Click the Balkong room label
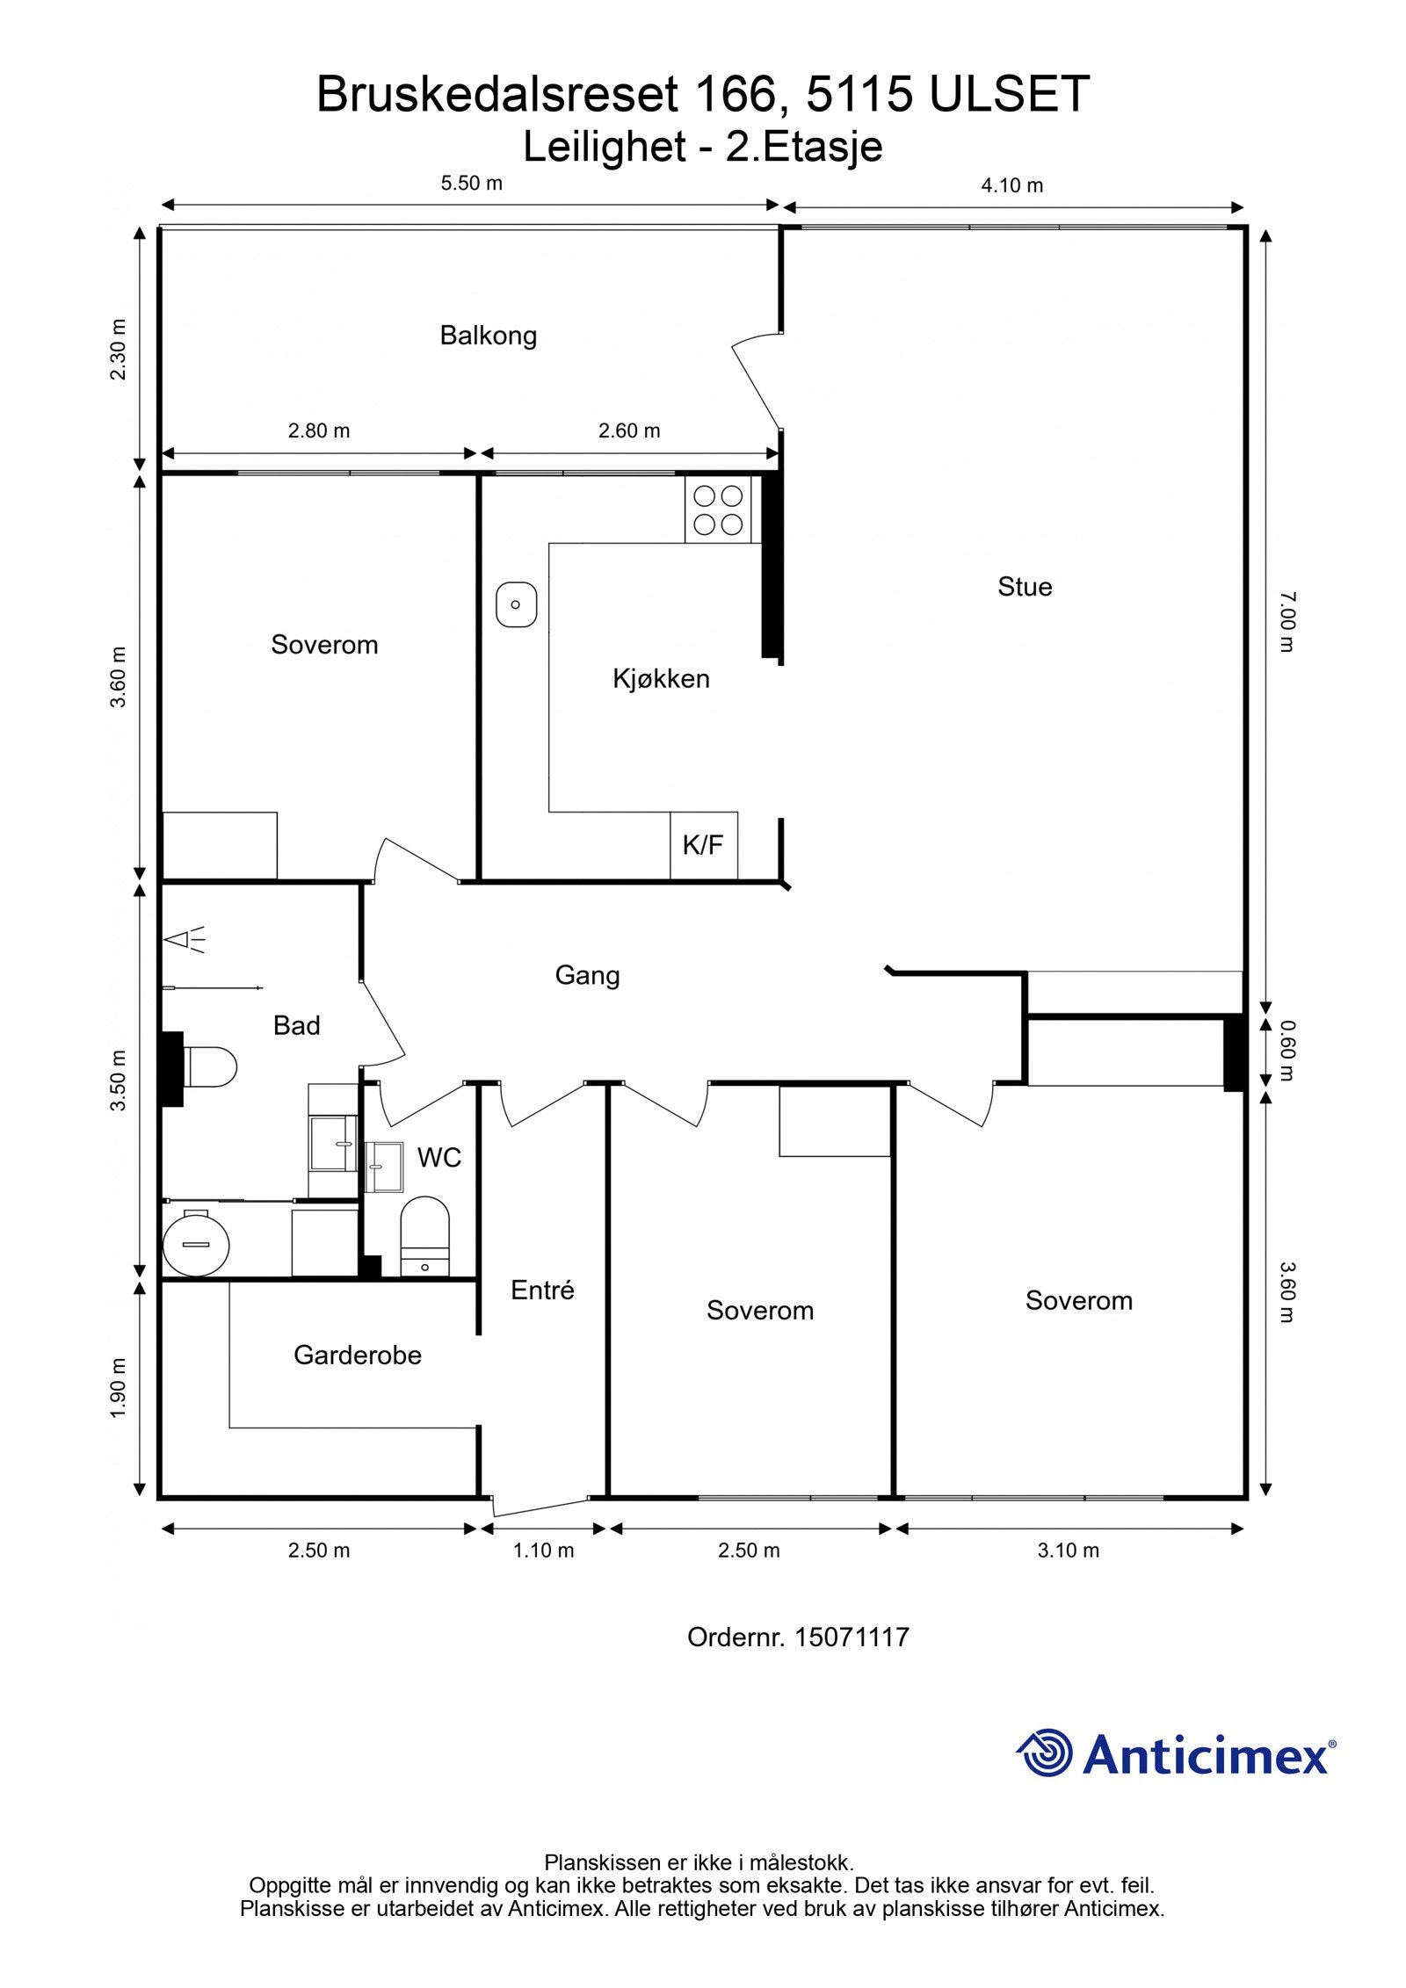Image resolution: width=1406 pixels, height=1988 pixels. [x=488, y=336]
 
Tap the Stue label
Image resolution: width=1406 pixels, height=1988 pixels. [x=1025, y=587]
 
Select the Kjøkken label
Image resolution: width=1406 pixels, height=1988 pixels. [x=661, y=678]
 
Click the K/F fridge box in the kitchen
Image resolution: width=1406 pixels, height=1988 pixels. [x=703, y=845]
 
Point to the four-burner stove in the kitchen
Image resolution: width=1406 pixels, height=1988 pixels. [x=718, y=511]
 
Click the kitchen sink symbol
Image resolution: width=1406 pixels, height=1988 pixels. [x=516, y=604]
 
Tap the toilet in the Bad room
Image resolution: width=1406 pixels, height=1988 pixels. [x=209, y=1067]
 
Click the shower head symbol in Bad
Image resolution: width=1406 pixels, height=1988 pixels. [x=185, y=940]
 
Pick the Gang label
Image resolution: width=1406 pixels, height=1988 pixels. [x=587, y=975]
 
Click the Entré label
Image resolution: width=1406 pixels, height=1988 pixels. [x=542, y=1290]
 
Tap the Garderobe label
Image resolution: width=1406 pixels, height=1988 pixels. [x=357, y=1355]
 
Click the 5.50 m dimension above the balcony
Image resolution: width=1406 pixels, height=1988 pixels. [x=471, y=183]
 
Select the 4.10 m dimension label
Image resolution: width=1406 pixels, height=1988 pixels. [x=1012, y=185]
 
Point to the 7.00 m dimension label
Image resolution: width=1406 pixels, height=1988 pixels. [x=1286, y=622]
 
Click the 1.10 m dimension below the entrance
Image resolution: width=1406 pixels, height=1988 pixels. [x=543, y=1551]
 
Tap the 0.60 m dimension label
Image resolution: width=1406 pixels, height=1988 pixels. [x=1286, y=1051]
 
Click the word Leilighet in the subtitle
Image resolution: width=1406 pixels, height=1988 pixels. [x=604, y=147]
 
